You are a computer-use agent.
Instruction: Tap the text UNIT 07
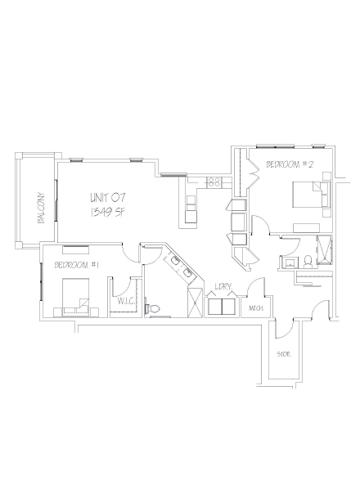click(107, 197)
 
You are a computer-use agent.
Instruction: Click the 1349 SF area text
click(107, 212)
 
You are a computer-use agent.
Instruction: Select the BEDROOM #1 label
click(77, 265)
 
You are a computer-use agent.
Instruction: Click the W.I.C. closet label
click(126, 301)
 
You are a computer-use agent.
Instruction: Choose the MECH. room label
click(254, 308)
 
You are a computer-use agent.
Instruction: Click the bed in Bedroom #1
click(72, 296)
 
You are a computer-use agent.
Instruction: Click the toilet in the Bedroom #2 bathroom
click(304, 260)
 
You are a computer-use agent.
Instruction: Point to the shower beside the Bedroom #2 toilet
click(326, 249)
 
